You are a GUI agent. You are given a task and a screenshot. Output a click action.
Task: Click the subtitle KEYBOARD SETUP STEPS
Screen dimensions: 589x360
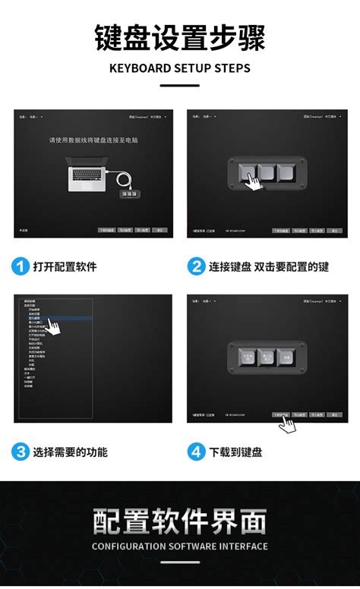pyautogui.click(x=180, y=68)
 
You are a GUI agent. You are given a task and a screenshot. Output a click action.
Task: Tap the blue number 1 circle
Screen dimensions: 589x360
pyautogui.click(x=21, y=266)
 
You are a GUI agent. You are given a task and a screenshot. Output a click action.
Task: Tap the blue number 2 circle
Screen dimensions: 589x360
pyautogui.click(x=197, y=266)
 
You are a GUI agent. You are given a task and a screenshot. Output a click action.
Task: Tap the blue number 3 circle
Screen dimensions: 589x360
pyautogui.click(x=21, y=452)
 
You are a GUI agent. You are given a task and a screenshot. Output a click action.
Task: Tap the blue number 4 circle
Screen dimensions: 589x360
pyautogui.click(x=197, y=452)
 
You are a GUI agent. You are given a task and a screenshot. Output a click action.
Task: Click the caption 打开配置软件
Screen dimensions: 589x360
pyautogui.click(x=65, y=266)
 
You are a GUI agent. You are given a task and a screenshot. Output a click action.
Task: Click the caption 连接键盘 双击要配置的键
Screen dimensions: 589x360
pyautogui.click(x=270, y=266)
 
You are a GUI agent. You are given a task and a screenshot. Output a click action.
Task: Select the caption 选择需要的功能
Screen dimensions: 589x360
pyautogui.click(x=70, y=452)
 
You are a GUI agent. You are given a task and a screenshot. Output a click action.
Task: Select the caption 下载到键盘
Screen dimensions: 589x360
pyautogui.click(x=236, y=452)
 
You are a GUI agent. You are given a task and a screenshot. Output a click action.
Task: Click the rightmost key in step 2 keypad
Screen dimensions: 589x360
pyautogui.click(x=286, y=174)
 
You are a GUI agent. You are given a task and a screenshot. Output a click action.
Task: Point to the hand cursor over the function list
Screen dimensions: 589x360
pyautogui.click(x=53, y=327)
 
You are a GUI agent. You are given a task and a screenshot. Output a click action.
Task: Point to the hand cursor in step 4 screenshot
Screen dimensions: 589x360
pyautogui.click(x=286, y=423)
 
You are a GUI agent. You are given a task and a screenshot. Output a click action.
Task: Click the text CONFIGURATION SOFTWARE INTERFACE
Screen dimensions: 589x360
pyautogui.click(x=180, y=546)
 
